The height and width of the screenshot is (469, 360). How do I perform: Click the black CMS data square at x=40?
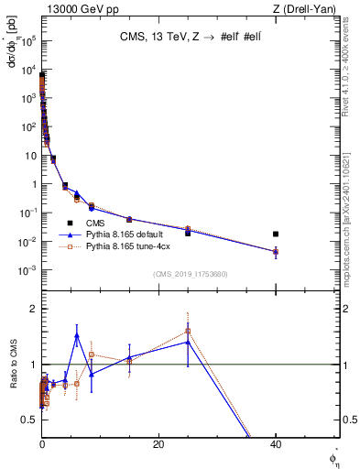[x=276, y=234]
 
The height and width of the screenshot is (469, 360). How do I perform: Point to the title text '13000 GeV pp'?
[x=71, y=9]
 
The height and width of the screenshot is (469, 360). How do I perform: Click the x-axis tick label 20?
[x=158, y=444]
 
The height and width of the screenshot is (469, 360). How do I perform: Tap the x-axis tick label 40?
[x=276, y=444]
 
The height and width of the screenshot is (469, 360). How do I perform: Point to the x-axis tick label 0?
[x=42, y=444]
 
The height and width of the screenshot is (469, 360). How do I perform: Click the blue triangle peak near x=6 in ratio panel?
[x=77, y=335]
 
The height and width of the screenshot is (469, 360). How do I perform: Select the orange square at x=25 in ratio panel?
[x=188, y=331]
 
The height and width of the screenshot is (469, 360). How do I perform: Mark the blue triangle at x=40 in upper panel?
[x=276, y=251]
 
